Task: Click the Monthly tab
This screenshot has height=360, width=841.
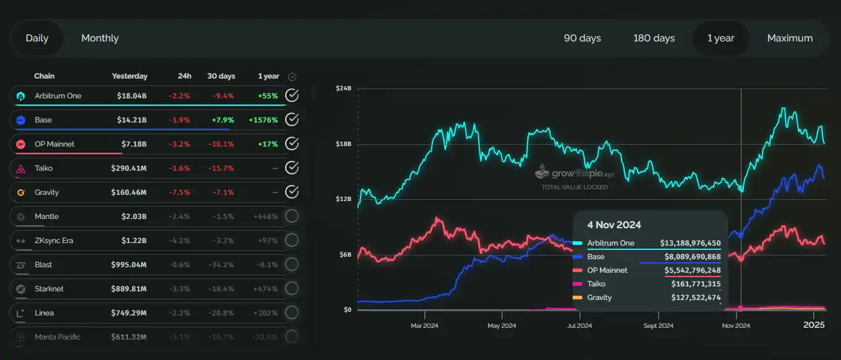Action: [100, 38]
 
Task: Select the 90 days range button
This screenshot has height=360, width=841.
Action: [582, 38]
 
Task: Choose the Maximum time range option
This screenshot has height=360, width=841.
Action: [790, 38]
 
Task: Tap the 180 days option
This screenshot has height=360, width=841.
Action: [654, 38]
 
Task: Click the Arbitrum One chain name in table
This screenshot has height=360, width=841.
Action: [58, 96]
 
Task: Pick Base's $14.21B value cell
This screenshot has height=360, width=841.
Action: [132, 120]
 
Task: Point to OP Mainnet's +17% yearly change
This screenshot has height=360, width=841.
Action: [267, 144]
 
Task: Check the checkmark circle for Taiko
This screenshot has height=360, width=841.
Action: [292, 168]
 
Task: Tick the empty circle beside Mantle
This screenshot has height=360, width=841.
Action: [292, 216]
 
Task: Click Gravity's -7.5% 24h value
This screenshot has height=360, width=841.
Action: [179, 192]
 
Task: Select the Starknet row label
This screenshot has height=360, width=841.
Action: [49, 289]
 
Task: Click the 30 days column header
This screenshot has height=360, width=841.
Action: [221, 76]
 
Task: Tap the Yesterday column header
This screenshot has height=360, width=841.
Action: [129, 76]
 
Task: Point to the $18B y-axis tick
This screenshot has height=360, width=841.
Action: [343, 144]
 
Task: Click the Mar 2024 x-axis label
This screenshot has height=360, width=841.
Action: [424, 325]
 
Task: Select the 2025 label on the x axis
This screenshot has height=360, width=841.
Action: [814, 325]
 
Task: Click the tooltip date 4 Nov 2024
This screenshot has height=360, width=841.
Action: [614, 225]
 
